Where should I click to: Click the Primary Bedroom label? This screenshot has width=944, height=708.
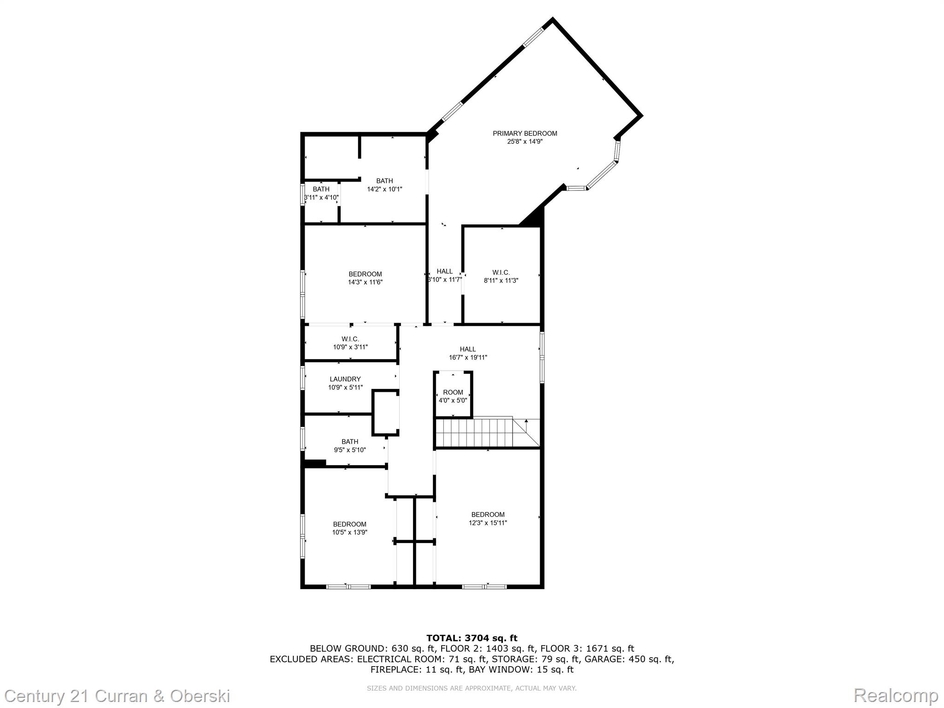pyautogui.click(x=525, y=134)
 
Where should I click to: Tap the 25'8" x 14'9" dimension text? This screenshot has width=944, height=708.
pyautogui.click(x=525, y=142)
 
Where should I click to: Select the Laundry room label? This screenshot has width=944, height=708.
pyautogui.click(x=345, y=379)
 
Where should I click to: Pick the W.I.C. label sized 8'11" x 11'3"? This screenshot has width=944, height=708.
pyautogui.click(x=501, y=273)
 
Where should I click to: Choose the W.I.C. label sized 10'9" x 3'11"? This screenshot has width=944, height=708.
pyautogui.click(x=350, y=339)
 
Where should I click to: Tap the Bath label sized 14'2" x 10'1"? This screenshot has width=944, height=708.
pyautogui.click(x=384, y=181)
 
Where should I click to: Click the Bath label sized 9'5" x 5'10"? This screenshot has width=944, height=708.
pyautogui.click(x=350, y=442)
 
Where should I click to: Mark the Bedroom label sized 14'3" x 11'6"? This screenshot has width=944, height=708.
pyautogui.click(x=365, y=274)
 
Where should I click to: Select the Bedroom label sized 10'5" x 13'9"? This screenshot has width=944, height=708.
pyautogui.click(x=350, y=524)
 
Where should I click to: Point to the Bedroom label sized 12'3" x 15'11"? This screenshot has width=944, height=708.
pyautogui.click(x=488, y=514)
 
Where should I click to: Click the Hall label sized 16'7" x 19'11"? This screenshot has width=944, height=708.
pyautogui.click(x=468, y=349)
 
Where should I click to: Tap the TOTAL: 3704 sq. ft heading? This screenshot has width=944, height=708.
pyautogui.click(x=472, y=638)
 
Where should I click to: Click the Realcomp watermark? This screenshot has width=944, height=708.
pyautogui.click(x=896, y=695)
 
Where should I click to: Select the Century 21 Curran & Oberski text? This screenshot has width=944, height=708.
pyautogui.click(x=118, y=695)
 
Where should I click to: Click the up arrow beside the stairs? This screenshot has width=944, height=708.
pyautogui.click(x=526, y=421)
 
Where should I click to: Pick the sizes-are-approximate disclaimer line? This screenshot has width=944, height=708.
pyautogui.click(x=472, y=688)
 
